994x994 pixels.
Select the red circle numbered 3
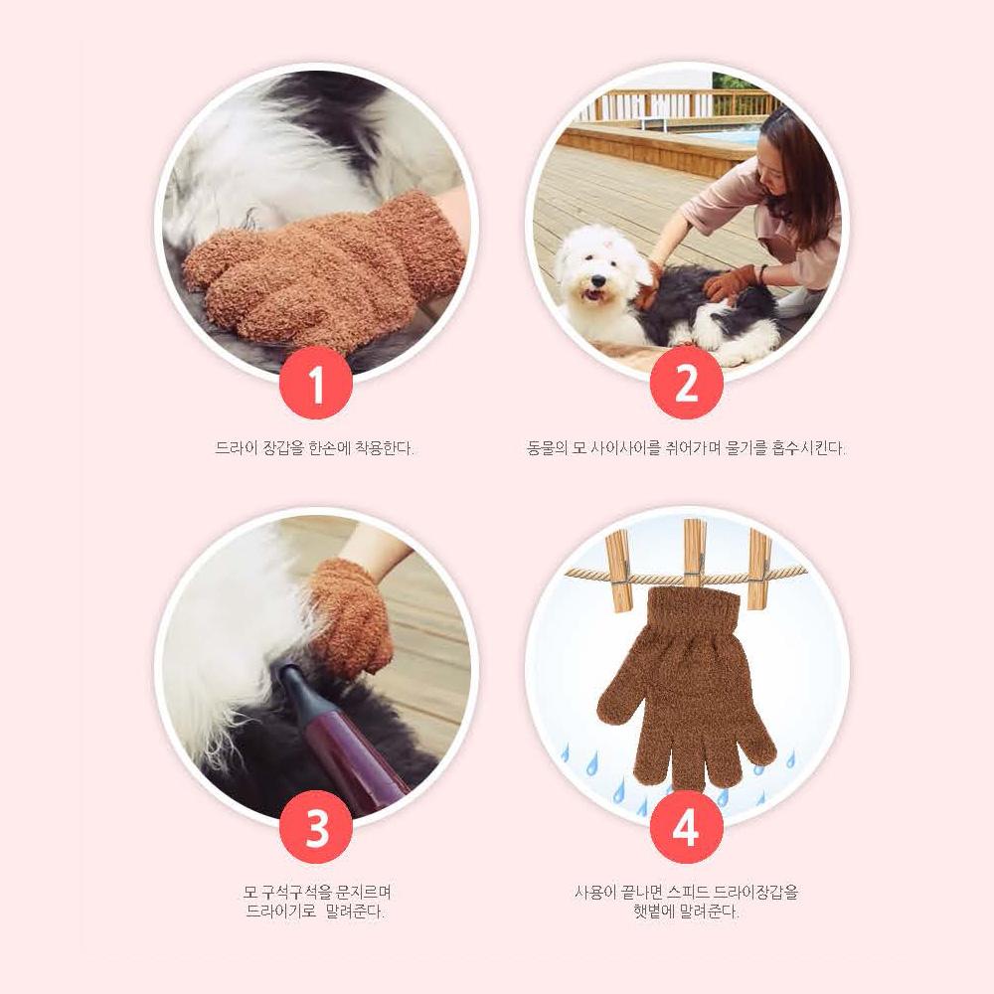tap(316, 828)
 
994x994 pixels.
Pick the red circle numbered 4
tap(686, 828)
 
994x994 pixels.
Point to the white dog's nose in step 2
tap(594, 281)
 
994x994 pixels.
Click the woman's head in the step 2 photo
tap(790, 159)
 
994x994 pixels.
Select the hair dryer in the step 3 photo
tap(343, 736)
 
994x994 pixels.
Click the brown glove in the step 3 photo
tap(348, 616)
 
